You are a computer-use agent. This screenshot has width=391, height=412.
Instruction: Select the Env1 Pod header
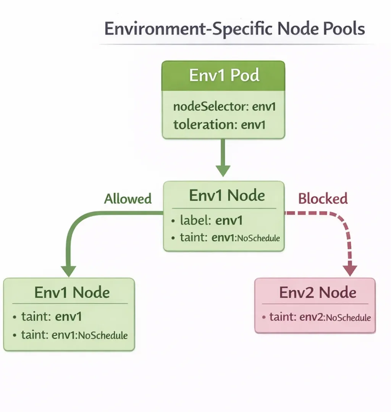(224, 76)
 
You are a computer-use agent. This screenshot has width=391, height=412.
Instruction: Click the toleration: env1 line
(219, 124)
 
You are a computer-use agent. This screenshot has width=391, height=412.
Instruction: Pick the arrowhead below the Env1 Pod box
(223, 170)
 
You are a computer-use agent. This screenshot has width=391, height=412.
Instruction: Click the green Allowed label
(128, 199)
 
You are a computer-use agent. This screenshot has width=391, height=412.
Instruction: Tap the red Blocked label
(323, 199)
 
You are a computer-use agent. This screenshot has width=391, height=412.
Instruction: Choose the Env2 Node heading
(318, 292)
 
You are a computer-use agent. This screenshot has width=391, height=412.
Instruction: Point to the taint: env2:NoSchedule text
(320, 317)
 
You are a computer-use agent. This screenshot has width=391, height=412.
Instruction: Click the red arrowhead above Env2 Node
(350, 270)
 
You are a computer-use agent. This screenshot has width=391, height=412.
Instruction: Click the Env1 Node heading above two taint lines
(72, 292)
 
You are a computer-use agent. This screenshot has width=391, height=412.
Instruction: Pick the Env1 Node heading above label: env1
(227, 195)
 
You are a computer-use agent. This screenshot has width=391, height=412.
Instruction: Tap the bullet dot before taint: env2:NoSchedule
(263, 317)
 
